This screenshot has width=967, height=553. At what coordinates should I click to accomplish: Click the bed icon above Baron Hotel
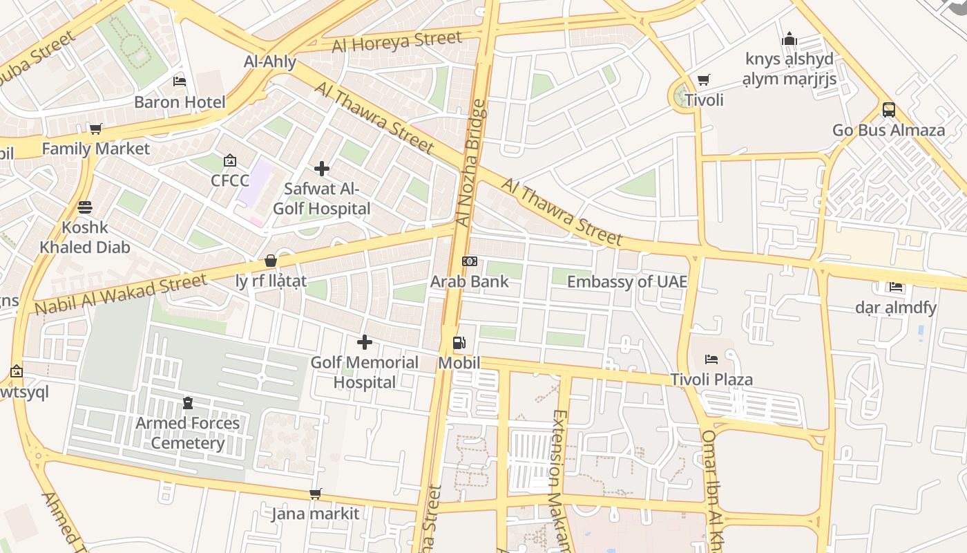pyautogui.click(x=180, y=82)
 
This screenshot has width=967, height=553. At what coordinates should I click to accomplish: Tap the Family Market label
pyautogui.click(x=95, y=149)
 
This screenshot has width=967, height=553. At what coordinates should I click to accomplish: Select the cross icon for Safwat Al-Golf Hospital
pyautogui.click(x=321, y=169)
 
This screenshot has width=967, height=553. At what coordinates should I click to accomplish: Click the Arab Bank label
pyautogui.click(x=469, y=281)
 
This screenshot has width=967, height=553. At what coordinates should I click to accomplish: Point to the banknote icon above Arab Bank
pyautogui.click(x=469, y=261)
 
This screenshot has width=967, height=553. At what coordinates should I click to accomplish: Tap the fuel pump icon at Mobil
pyautogui.click(x=459, y=343)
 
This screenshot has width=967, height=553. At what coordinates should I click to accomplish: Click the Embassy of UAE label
pyautogui.click(x=626, y=281)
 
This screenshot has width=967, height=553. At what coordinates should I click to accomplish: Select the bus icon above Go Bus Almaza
pyautogui.click(x=888, y=110)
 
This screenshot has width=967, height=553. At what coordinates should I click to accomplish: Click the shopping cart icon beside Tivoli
pyautogui.click(x=703, y=80)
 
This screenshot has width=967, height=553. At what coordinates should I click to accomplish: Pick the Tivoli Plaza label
pyautogui.click(x=711, y=379)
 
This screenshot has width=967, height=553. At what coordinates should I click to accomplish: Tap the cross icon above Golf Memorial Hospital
pyautogui.click(x=364, y=342)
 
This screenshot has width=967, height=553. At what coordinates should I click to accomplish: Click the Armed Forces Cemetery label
pyautogui.click(x=187, y=433)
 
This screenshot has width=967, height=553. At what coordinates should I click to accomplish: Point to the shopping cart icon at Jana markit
pyautogui.click(x=315, y=494)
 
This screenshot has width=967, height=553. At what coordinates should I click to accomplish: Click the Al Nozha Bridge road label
pyautogui.click(x=472, y=162)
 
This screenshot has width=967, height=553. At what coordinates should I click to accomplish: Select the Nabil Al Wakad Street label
pyautogui.click(x=120, y=294)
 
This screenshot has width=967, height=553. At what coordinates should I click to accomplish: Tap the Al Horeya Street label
pyautogui.click(x=396, y=41)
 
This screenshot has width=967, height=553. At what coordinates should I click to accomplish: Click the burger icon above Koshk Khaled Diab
pyautogui.click(x=85, y=207)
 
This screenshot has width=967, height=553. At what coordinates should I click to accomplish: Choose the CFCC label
pyautogui.click(x=229, y=180)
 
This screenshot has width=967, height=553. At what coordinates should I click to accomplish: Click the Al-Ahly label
pyautogui.click(x=269, y=62)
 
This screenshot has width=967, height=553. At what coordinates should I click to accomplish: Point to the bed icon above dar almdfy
pyautogui.click(x=896, y=287)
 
